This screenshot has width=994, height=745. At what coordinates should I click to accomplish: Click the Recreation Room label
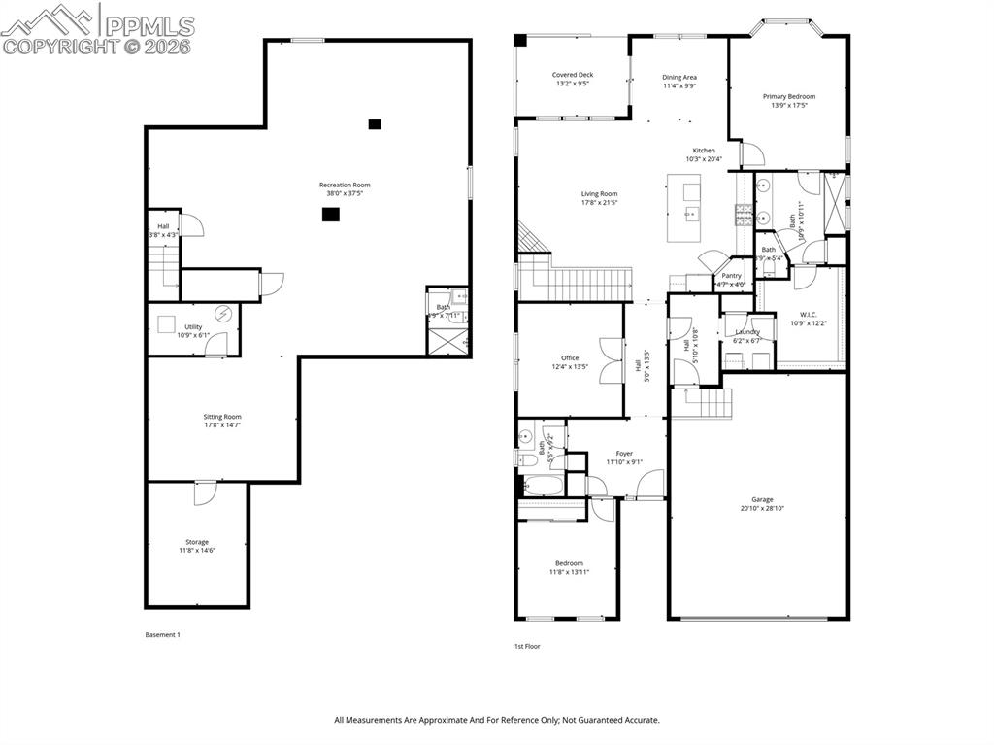click(x=345, y=185)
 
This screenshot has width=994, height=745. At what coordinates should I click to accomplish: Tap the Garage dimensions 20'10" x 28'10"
click(x=762, y=508)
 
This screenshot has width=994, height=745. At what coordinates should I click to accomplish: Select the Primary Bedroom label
click(x=788, y=96)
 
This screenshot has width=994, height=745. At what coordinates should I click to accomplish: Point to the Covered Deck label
click(x=573, y=75)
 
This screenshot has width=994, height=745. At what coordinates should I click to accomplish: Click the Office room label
click(x=570, y=357)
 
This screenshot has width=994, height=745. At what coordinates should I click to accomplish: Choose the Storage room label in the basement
click(x=197, y=542)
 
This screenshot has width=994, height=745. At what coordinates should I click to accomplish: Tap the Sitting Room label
click(x=222, y=416)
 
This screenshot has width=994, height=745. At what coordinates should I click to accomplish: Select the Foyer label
click(x=624, y=453)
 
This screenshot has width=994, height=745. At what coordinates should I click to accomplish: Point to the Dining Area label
click(x=679, y=77)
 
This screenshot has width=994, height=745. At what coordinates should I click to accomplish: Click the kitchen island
click(x=685, y=209)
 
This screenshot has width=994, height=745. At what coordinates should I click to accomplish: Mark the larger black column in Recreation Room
click(x=331, y=215)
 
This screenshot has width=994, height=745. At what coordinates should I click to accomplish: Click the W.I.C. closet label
click(x=809, y=314)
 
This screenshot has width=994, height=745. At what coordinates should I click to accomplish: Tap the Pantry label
click(x=731, y=276)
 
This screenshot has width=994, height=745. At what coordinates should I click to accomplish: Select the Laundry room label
click(x=747, y=331)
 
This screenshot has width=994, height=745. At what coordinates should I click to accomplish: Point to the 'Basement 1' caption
click(x=162, y=634)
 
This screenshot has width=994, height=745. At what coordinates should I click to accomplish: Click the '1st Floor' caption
click(x=527, y=646)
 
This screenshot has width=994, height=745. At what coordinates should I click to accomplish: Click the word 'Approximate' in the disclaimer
click(x=432, y=720)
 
